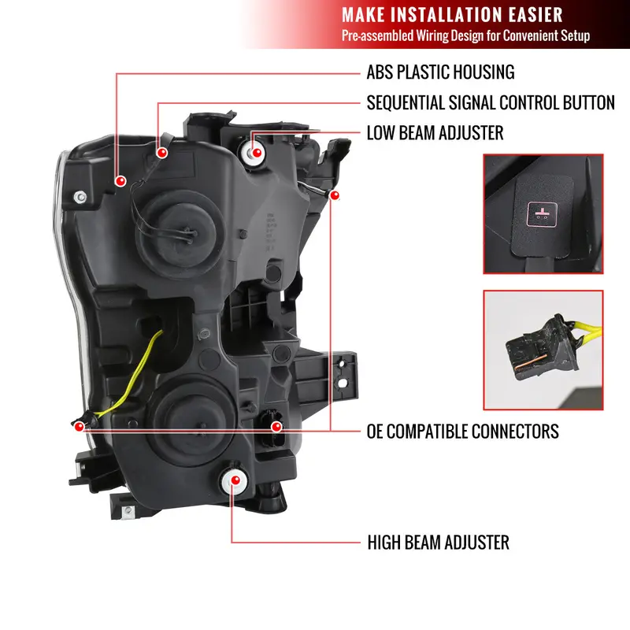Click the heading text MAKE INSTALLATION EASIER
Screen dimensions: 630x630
pyautogui.click(x=452, y=15)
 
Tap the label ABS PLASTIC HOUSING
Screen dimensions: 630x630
pyautogui.click(x=440, y=72)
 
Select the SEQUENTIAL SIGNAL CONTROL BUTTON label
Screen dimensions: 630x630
pyautogui.click(x=491, y=103)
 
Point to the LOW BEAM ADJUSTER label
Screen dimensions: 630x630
pyautogui.click(x=435, y=133)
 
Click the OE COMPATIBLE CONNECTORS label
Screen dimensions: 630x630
pyautogui.click(x=462, y=432)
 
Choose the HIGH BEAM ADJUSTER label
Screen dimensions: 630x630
pyautogui.click(x=438, y=543)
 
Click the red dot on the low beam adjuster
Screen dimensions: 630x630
pyautogui.click(x=257, y=153)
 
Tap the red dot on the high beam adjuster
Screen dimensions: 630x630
pyautogui.click(x=235, y=480)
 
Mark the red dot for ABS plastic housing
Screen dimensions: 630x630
pyautogui.click(x=120, y=181)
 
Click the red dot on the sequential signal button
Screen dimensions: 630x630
pyautogui.click(x=162, y=153)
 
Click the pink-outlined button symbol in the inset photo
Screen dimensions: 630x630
pyautogui.click(x=542, y=214)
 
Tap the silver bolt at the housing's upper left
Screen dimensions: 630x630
pyautogui.click(x=80, y=197)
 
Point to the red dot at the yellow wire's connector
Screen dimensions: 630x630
pyautogui.click(x=80, y=426)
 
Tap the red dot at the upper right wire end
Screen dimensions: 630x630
pyautogui.click(x=334, y=195)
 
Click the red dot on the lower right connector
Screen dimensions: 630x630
pyautogui.click(x=276, y=427)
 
